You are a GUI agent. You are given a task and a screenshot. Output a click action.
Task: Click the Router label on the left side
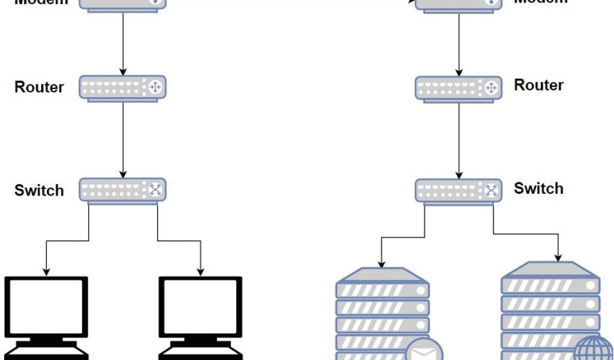[x=39, y=87]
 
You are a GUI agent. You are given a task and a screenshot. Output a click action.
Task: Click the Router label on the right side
[x=538, y=85]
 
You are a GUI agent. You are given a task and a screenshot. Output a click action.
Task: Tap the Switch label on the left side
[x=39, y=190]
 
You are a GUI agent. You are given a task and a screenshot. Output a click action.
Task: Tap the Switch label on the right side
[x=538, y=188]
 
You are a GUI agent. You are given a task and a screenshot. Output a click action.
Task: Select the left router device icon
[x=123, y=88]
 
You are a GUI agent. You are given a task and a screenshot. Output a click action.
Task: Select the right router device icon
[x=459, y=88]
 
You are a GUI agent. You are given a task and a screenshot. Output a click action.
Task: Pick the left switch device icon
[x=123, y=190]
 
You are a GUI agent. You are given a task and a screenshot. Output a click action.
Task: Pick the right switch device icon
[x=459, y=190]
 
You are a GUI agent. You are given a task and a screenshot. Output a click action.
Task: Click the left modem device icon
[x=123, y=4]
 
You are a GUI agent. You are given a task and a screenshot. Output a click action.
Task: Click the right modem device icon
[x=459, y=4]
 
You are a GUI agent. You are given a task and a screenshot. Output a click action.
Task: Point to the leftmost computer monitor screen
[x=46, y=307]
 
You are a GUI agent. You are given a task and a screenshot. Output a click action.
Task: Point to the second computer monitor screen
[x=200, y=307]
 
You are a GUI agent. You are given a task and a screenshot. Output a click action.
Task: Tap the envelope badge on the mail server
[x=424, y=351]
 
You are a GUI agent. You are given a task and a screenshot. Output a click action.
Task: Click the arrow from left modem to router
[x=123, y=42]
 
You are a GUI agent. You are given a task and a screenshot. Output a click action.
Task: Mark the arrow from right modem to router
[x=459, y=42]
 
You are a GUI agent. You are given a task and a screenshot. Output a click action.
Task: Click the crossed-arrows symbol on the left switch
[x=155, y=190]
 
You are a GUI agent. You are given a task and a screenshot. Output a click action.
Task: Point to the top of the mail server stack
[x=383, y=275]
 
